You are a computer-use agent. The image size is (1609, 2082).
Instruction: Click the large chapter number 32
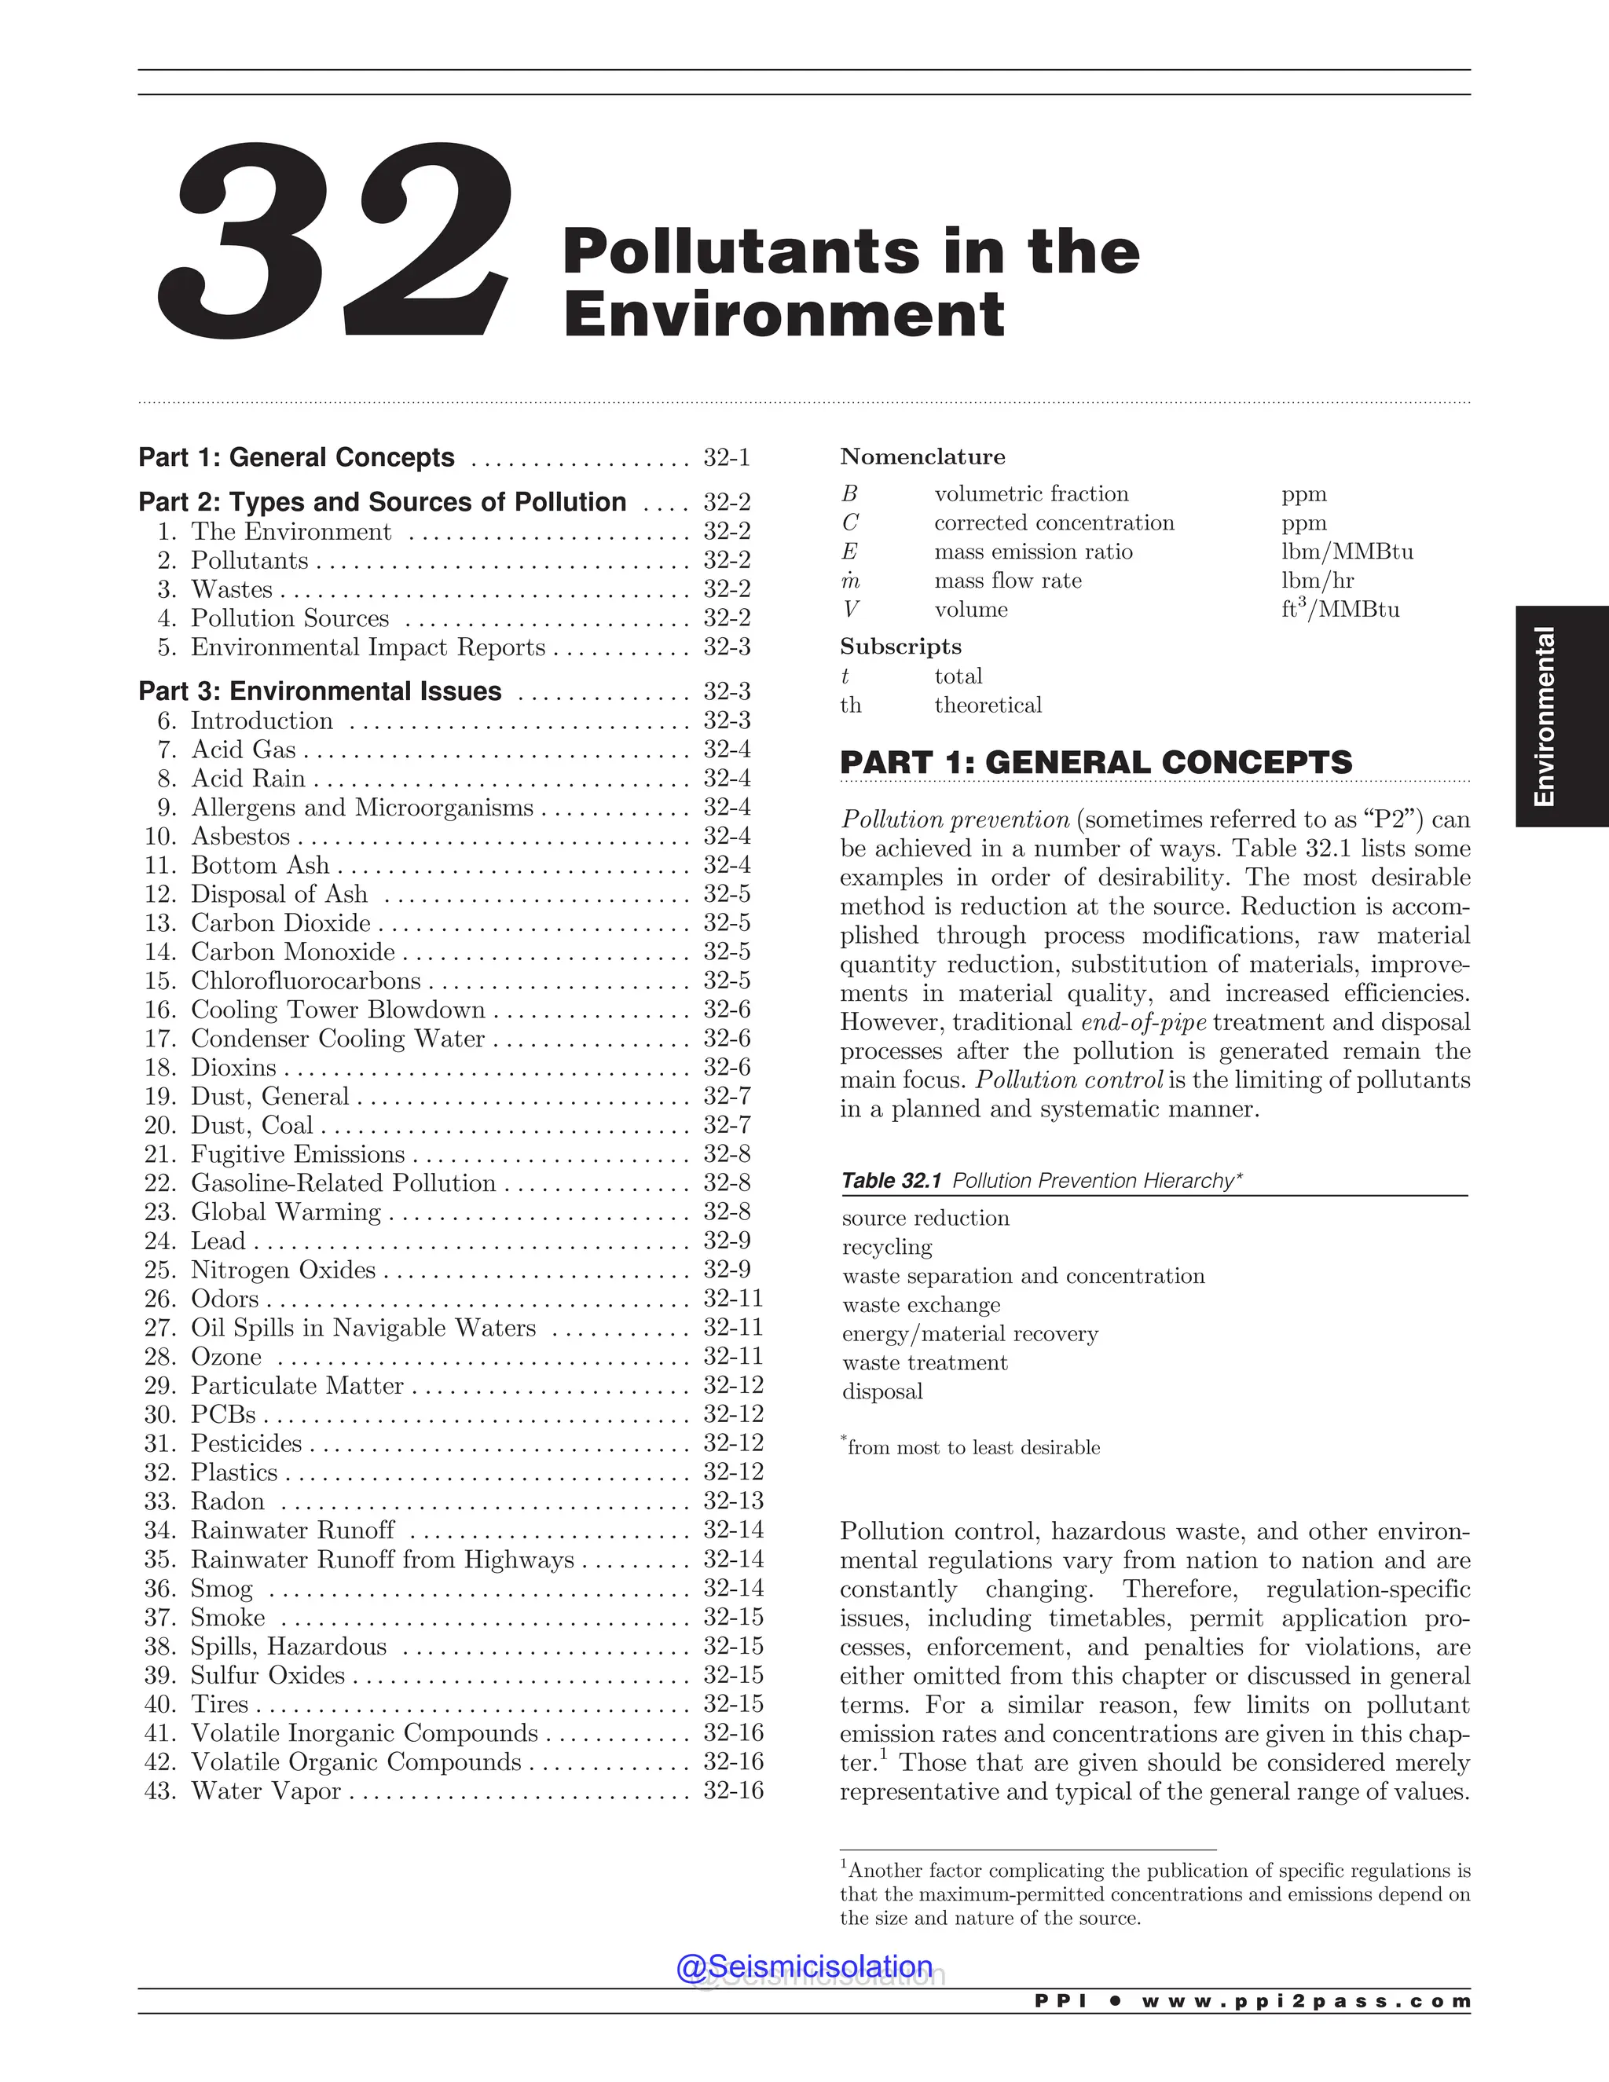(334, 243)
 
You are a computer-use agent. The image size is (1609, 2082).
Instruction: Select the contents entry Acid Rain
(247, 779)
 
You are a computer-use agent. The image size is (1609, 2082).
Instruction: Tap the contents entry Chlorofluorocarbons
(305, 981)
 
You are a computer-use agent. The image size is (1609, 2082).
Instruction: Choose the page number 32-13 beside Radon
(733, 1501)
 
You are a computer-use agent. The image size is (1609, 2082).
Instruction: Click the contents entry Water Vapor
(266, 1791)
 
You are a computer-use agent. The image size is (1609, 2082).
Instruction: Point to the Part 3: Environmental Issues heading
(321, 691)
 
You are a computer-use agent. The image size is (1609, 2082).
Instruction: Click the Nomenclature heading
(922, 456)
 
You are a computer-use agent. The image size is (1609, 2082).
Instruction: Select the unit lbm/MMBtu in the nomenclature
(1346, 552)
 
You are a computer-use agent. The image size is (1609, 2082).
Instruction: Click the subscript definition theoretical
(988, 706)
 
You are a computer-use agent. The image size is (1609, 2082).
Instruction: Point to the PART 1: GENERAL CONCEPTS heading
(1095, 763)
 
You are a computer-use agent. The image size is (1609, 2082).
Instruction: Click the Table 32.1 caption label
(891, 1180)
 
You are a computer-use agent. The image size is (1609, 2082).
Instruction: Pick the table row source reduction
(925, 1219)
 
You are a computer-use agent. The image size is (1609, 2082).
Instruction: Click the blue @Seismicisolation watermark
(804, 1967)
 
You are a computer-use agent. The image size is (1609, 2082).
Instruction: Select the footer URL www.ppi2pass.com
(1305, 2002)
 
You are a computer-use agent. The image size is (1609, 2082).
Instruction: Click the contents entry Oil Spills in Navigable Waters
(363, 1328)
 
